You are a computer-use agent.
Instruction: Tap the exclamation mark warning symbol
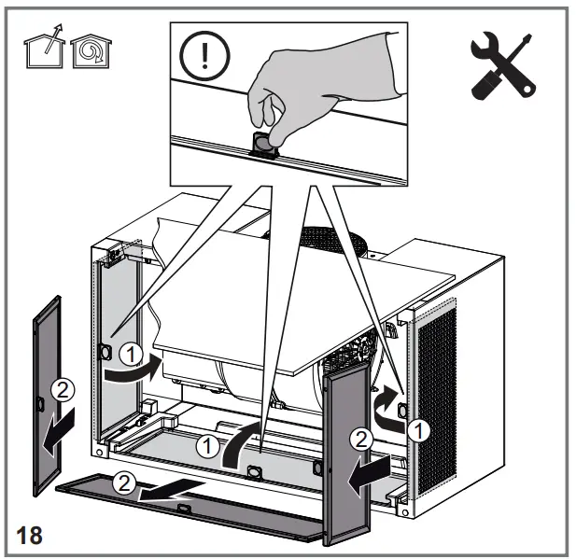pyautogui.click(x=199, y=55)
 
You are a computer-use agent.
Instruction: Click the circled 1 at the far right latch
pyautogui.click(x=420, y=430)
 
